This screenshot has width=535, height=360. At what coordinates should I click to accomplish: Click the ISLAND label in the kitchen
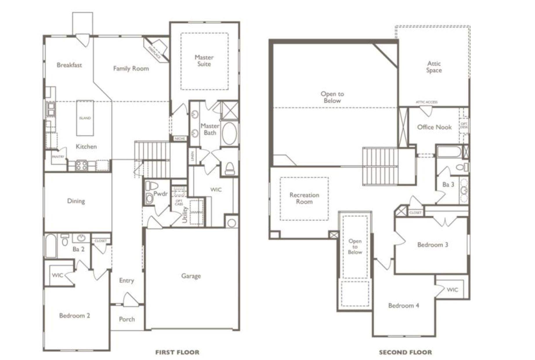85,118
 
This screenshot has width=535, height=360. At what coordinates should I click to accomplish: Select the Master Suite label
204,61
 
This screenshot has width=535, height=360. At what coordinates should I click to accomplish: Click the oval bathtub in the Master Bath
229,133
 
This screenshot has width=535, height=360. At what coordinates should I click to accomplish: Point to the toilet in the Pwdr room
151,185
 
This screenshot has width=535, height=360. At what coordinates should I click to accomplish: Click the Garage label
191,276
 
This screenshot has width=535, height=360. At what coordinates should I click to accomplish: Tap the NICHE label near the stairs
180,138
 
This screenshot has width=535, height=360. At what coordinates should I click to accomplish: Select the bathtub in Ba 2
51,246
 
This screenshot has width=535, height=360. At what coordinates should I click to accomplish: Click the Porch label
127,319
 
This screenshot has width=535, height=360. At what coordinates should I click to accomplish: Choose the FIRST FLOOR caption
177,352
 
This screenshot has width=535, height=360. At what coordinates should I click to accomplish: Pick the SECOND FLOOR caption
405,352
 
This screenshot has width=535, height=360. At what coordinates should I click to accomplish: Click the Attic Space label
434,67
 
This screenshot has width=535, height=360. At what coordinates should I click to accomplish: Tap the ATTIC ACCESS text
426,102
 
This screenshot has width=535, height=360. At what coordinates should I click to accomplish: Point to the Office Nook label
434,127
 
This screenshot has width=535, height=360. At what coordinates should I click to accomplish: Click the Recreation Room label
304,198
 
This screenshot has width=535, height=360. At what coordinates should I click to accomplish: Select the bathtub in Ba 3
449,152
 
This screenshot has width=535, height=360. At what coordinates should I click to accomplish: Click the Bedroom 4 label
403,305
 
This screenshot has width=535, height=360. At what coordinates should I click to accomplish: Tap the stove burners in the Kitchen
81,166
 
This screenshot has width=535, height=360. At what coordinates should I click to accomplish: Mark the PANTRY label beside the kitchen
58,156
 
